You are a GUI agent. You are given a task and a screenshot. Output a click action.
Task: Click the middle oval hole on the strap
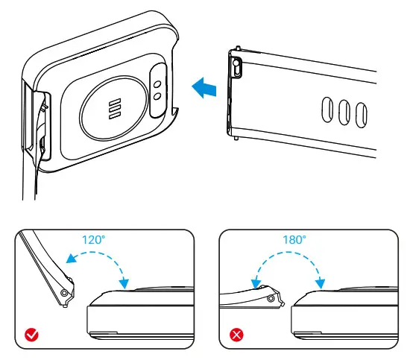(344, 113)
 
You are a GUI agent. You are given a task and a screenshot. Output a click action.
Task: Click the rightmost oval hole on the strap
(360, 116)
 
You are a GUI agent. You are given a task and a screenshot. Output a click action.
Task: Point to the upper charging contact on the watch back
(157, 84)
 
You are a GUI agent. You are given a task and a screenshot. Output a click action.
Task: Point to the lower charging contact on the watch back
(157, 97)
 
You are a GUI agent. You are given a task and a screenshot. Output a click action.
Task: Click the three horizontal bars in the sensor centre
(114, 108)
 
